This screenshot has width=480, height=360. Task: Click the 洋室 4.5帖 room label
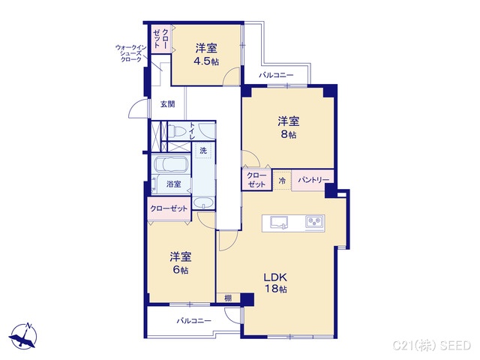click(x=206, y=55)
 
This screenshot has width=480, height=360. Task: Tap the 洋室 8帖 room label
click(x=288, y=127)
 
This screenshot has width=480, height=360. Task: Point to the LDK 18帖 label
click(x=277, y=282)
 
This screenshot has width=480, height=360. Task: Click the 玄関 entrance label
click(x=167, y=104)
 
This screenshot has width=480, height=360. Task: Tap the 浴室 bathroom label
click(x=173, y=184)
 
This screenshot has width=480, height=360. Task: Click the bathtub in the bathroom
click(x=172, y=165)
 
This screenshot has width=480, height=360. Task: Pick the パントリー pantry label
click(x=312, y=181)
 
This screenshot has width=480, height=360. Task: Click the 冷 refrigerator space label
click(x=282, y=181)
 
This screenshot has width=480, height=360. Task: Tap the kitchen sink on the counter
click(x=278, y=222)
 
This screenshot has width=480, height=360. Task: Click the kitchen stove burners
click(x=313, y=222)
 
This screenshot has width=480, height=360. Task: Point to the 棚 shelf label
click(x=227, y=298)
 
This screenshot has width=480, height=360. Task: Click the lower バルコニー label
click(x=193, y=320)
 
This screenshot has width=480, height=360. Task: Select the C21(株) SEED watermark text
click(x=433, y=344)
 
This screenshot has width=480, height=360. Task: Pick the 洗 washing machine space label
click(x=202, y=151)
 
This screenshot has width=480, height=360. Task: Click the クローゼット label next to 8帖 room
click(x=256, y=180)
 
